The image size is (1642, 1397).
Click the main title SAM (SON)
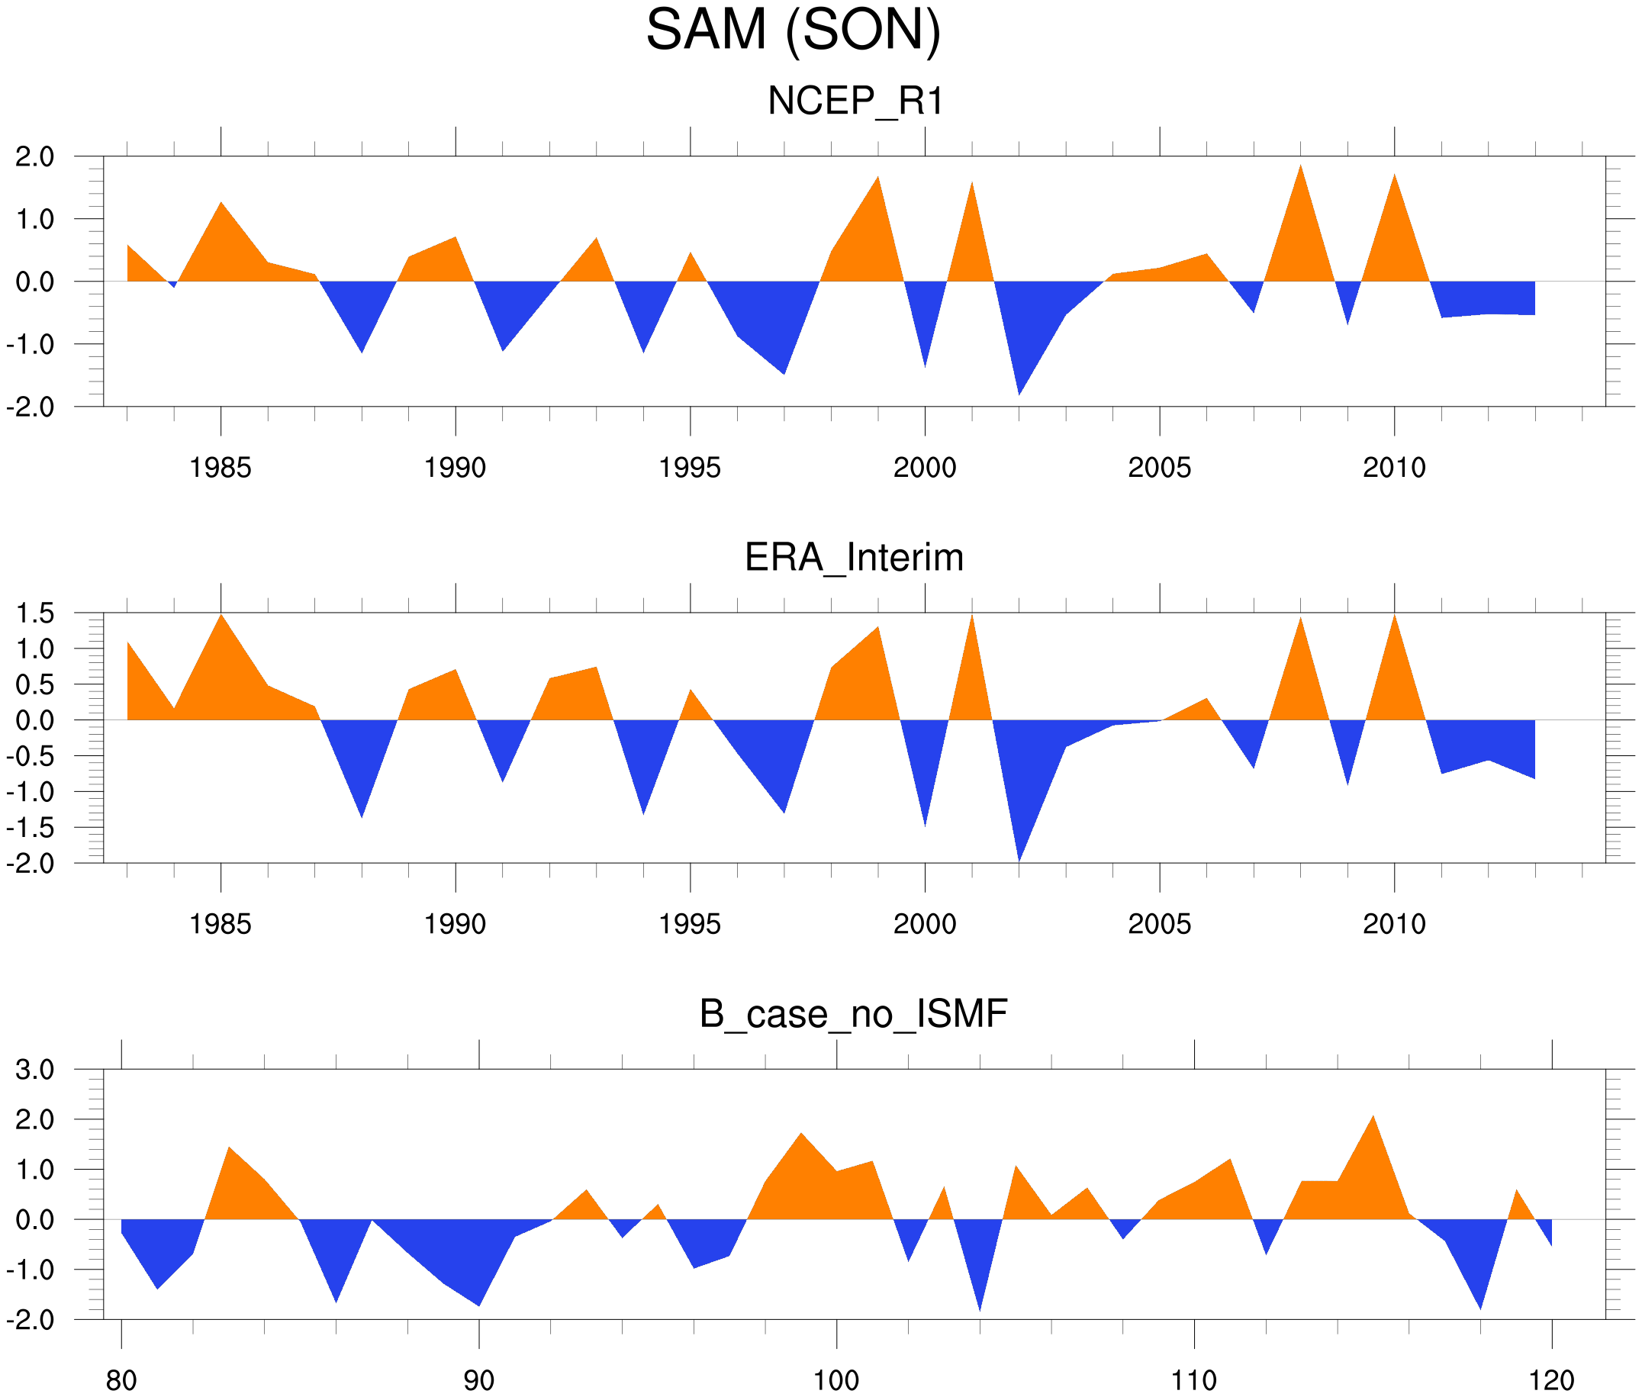[x=793, y=30]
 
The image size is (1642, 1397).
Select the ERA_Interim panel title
[x=854, y=558]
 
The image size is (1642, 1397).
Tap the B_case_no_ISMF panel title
[x=853, y=1014]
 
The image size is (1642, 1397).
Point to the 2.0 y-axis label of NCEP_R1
[x=35, y=157]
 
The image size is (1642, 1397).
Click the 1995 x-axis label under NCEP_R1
[x=689, y=467]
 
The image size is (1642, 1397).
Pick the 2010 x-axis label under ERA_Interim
[x=1394, y=923]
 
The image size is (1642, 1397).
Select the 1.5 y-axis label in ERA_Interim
[x=35, y=613]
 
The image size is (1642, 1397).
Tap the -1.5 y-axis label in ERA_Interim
[x=30, y=828]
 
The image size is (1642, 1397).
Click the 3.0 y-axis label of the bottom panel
[x=35, y=1070]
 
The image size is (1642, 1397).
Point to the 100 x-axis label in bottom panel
[x=836, y=1380]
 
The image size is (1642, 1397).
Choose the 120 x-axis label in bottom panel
[x=1551, y=1380]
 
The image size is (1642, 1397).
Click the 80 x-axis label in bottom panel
[x=121, y=1380]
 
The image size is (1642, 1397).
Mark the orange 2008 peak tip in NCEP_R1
[x=1301, y=166]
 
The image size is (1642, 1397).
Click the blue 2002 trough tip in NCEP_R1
[x=1019, y=394]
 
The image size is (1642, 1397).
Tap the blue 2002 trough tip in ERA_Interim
[x=1019, y=860]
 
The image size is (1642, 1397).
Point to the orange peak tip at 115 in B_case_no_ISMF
[x=1373, y=1117]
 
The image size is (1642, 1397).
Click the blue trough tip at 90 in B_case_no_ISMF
[x=479, y=1305]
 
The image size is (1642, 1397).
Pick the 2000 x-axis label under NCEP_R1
[x=924, y=467]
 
